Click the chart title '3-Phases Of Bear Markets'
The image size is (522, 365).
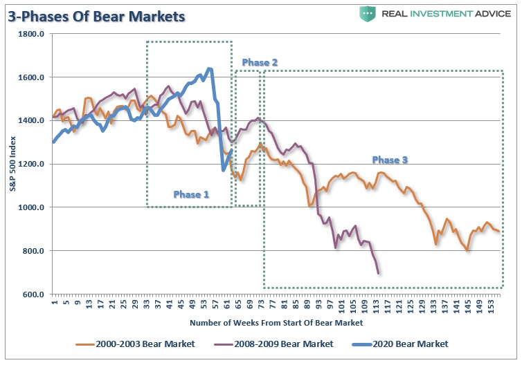(96, 15)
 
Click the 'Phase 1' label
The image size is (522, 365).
(191, 194)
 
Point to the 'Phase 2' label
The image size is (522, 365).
(260, 63)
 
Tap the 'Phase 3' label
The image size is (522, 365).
(390, 160)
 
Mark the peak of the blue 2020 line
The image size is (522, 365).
(210, 68)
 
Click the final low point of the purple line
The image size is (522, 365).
(379, 273)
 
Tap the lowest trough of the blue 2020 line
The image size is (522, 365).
(224, 169)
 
